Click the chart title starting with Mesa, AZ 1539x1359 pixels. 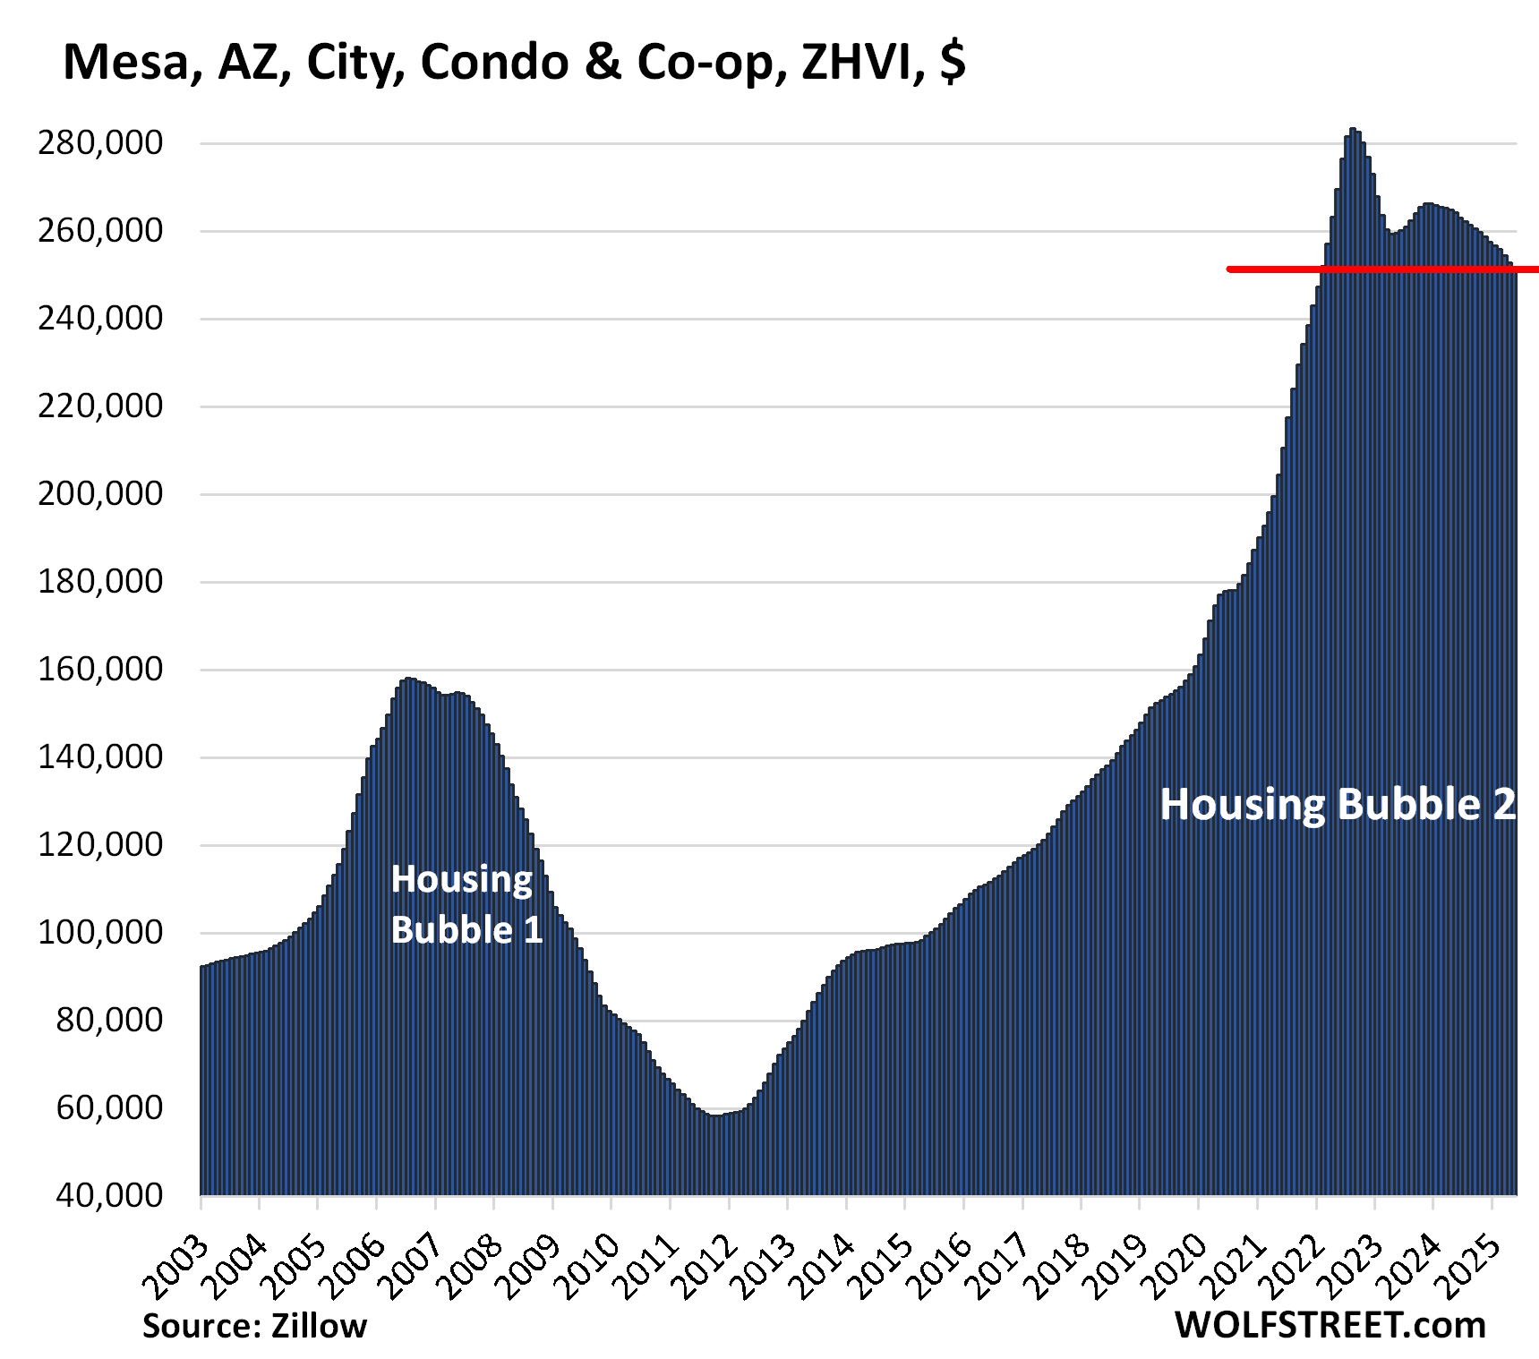point(514,63)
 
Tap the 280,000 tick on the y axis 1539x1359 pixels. point(100,142)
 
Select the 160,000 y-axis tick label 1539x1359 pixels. point(100,669)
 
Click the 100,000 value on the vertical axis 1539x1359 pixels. point(100,932)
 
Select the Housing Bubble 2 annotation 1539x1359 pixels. point(1338,804)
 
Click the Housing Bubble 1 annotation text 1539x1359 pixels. point(466,904)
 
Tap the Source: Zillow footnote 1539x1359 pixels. point(254,1326)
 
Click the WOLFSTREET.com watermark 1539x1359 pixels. point(1330,1325)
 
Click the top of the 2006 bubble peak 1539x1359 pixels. point(408,680)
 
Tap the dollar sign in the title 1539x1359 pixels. point(953,63)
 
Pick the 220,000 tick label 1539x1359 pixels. point(100,406)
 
